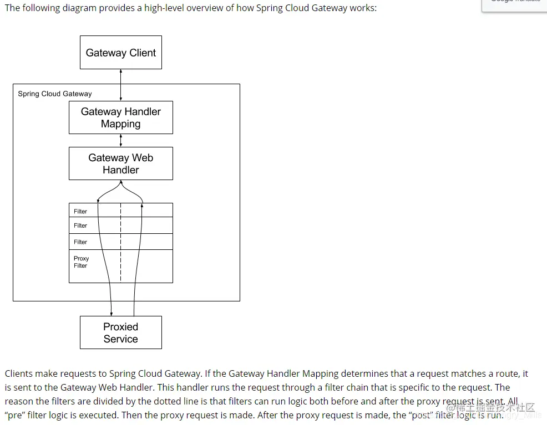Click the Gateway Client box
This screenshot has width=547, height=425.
coord(121,53)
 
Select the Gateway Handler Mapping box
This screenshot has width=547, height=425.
coord(121,117)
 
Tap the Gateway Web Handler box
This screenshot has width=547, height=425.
coord(121,163)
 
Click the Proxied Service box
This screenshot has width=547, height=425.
coord(121,332)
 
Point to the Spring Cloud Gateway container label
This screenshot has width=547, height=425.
coord(55,94)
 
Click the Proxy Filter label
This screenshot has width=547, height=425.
coord(81,262)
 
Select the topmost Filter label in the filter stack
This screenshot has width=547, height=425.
coord(80,211)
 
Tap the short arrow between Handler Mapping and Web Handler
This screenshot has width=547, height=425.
coord(121,140)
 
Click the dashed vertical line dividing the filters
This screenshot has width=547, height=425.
coord(121,244)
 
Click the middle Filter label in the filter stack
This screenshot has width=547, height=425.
coord(80,226)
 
